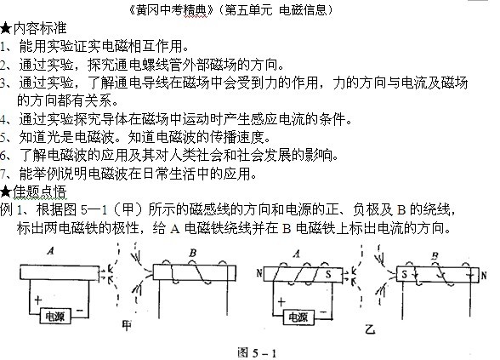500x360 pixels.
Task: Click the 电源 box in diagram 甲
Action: click(x=55, y=317)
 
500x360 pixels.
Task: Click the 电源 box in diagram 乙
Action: click(x=298, y=317)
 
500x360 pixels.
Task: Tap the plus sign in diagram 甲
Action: click(x=38, y=300)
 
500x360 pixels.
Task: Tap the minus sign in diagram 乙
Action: click(x=323, y=311)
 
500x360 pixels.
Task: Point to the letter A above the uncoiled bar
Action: click(x=51, y=251)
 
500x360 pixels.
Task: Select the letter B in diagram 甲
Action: click(x=192, y=253)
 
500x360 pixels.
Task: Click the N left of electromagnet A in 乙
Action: click(x=259, y=273)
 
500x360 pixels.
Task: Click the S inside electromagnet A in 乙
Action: click(x=328, y=274)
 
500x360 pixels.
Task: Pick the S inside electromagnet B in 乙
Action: click(x=405, y=274)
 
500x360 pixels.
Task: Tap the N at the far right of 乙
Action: click(x=484, y=275)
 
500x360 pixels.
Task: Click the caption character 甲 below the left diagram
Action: click(x=127, y=325)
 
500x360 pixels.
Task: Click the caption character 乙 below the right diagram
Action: click(x=370, y=329)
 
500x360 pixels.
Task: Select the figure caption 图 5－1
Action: click(x=257, y=352)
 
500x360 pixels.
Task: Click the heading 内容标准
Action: click(x=40, y=28)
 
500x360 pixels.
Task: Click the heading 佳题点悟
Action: click(x=40, y=191)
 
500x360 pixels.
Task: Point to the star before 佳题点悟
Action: click(x=6, y=192)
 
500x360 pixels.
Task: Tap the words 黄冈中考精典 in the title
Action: click(x=171, y=10)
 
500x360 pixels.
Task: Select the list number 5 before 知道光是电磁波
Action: click(x=3, y=138)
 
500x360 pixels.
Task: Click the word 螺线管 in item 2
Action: click(x=162, y=65)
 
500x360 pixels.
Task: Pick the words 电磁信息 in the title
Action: click(x=303, y=10)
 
